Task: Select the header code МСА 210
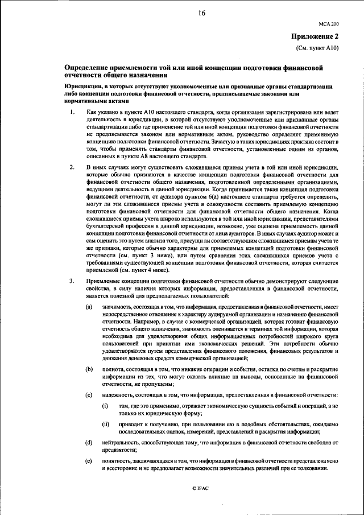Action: [x=329, y=26]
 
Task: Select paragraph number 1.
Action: [x=71, y=113]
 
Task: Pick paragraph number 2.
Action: [x=71, y=168]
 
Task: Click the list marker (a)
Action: [x=89, y=307]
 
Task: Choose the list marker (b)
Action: [x=89, y=369]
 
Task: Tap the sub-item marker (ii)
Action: [x=105, y=424]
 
